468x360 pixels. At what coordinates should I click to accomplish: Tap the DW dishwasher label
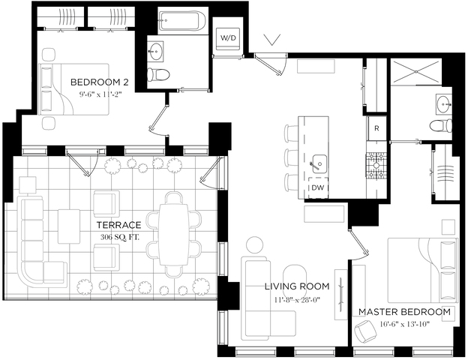(318, 187)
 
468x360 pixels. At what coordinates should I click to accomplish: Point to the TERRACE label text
(119, 225)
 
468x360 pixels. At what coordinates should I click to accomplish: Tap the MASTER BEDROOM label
(404, 312)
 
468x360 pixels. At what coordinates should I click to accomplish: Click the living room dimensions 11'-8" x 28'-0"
(297, 300)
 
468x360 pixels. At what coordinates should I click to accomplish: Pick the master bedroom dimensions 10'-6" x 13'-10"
(404, 325)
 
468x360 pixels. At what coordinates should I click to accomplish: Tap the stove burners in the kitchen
(375, 161)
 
